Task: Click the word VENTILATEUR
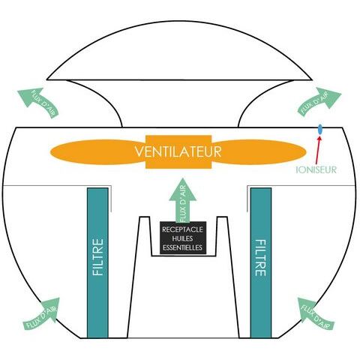(178, 151)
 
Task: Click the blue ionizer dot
(319, 130)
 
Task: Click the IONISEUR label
(316, 170)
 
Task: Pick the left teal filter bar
(97, 262)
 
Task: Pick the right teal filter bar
(261, 262)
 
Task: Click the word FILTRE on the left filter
(97, 257)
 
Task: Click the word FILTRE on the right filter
(260, 258)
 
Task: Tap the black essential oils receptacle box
(183, 238)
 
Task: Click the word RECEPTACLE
(182, 229)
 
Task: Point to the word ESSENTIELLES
(182, 247)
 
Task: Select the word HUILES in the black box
(182, 238)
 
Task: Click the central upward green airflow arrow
(183, 200)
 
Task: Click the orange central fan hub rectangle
(178, 152)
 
